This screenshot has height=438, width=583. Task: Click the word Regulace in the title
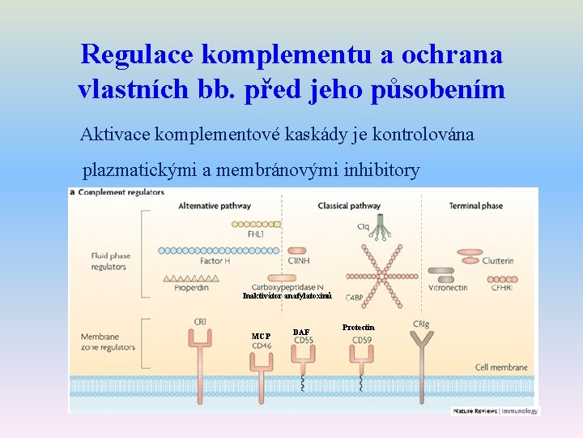[x=137, y=54]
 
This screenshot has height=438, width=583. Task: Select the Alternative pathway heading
[x=214, y=206]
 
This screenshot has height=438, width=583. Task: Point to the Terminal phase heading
[x=475, y=206]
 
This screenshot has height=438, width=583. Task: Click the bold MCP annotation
[x=261, y=336]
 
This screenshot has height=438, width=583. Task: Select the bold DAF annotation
[x=301, y=332]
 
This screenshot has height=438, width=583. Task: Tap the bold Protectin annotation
[x=358, y=328]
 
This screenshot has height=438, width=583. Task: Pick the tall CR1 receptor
[x=201, y=357]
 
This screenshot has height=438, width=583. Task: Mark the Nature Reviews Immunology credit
[x=495, y=411]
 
